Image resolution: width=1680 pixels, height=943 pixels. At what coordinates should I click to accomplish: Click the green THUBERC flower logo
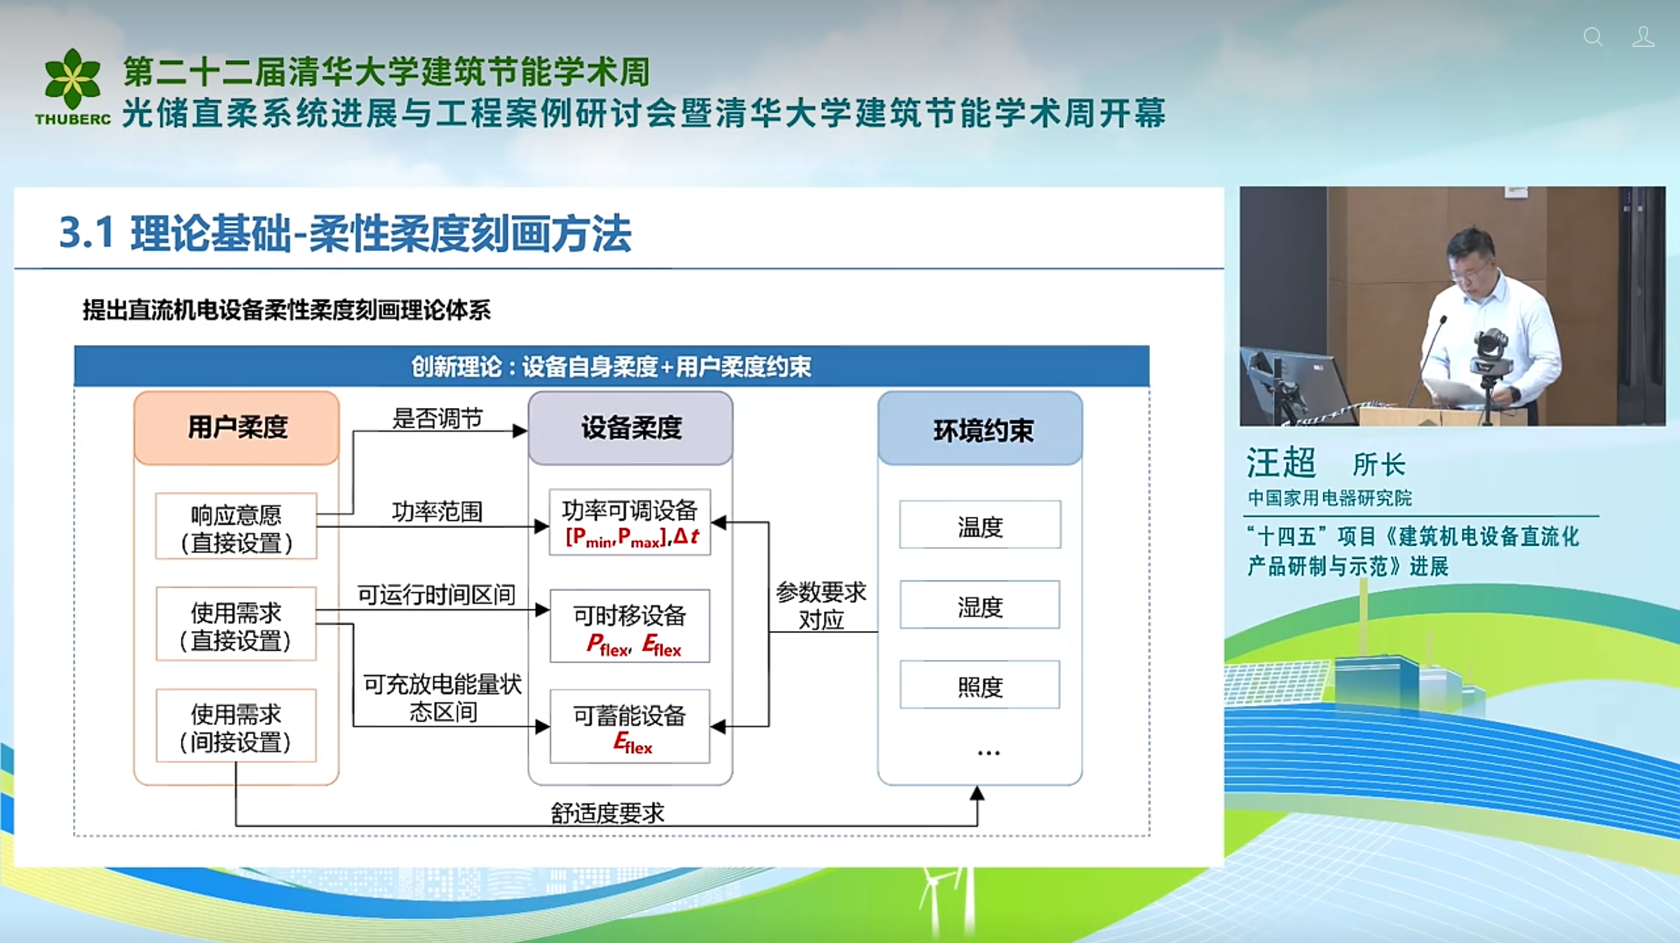[72, 79]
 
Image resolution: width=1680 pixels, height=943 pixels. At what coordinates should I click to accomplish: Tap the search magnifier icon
[1593, 36]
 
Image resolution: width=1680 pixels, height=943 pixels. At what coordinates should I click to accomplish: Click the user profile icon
[1643, 36]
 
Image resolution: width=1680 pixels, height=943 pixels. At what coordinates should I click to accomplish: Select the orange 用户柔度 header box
[237, 428]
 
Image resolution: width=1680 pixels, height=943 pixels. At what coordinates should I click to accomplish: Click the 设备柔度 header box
[630, 428]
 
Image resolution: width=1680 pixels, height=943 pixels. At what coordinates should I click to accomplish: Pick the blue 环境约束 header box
[980, 429]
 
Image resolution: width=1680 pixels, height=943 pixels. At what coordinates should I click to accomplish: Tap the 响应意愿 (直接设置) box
[236, 527]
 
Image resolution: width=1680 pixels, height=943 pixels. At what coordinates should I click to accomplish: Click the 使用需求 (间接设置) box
[236, 726]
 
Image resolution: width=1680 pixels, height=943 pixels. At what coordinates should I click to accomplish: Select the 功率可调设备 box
[630, 522]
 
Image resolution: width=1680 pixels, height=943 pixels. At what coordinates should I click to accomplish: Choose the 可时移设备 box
[630, 625]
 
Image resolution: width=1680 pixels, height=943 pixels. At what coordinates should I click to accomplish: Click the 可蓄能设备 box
[630, 726]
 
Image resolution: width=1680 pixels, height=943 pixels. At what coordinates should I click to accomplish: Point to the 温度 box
[980, 525]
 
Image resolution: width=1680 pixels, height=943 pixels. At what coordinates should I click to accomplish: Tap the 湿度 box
[980, 605]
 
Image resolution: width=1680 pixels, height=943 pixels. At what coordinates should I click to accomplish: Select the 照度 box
[980, 685]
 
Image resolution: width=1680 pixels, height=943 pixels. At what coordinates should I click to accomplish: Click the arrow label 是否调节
[438, 419]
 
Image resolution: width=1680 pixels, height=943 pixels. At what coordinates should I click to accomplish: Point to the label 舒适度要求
[607, 813]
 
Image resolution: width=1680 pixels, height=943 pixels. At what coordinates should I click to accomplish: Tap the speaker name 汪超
[1281, 463]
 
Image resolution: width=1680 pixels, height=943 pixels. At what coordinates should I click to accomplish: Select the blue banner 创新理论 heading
[611, 366]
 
